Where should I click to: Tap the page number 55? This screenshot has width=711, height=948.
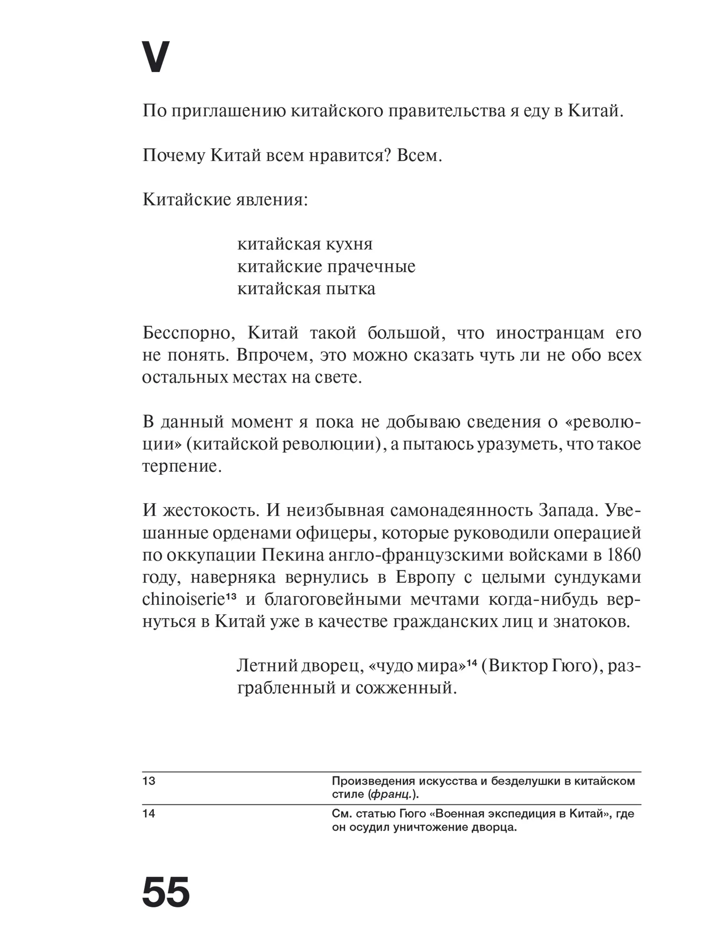tap(165, 892)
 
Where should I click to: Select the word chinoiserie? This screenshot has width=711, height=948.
tap(184, 599)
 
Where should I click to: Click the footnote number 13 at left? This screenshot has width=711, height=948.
tap(149, 781)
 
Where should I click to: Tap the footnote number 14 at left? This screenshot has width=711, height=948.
tap(149, 813)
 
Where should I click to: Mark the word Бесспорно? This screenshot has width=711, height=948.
tap(188, 333)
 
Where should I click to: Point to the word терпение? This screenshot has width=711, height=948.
tap(182, 466)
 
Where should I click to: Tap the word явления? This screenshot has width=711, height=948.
tap(272, 200)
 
